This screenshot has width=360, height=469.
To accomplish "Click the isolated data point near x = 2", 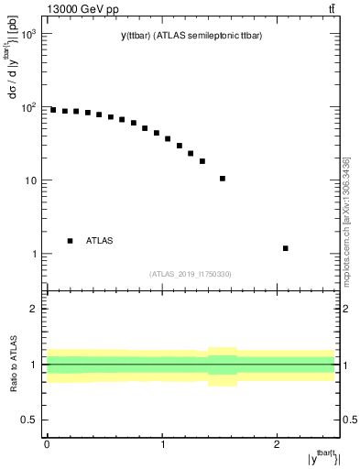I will click(286, 248).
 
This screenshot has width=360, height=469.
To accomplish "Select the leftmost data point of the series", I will click(53, 110).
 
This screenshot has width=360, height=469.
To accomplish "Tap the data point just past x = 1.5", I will click(223, 179).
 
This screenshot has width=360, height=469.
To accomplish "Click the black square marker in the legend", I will click(70, 241).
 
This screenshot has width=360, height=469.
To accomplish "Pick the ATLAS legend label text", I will click(100, 241).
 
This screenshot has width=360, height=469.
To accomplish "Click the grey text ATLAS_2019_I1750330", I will click(191, 274).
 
